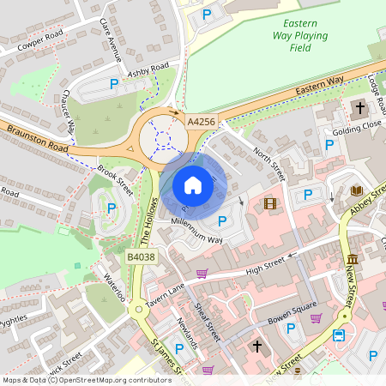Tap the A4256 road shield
tap(201, 122)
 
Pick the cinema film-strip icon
tap(271, 203)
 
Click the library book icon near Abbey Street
tap(357, 190)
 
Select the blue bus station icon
tap(340, 335)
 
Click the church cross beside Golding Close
tap(359, 108)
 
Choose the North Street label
tap(268, 164)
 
